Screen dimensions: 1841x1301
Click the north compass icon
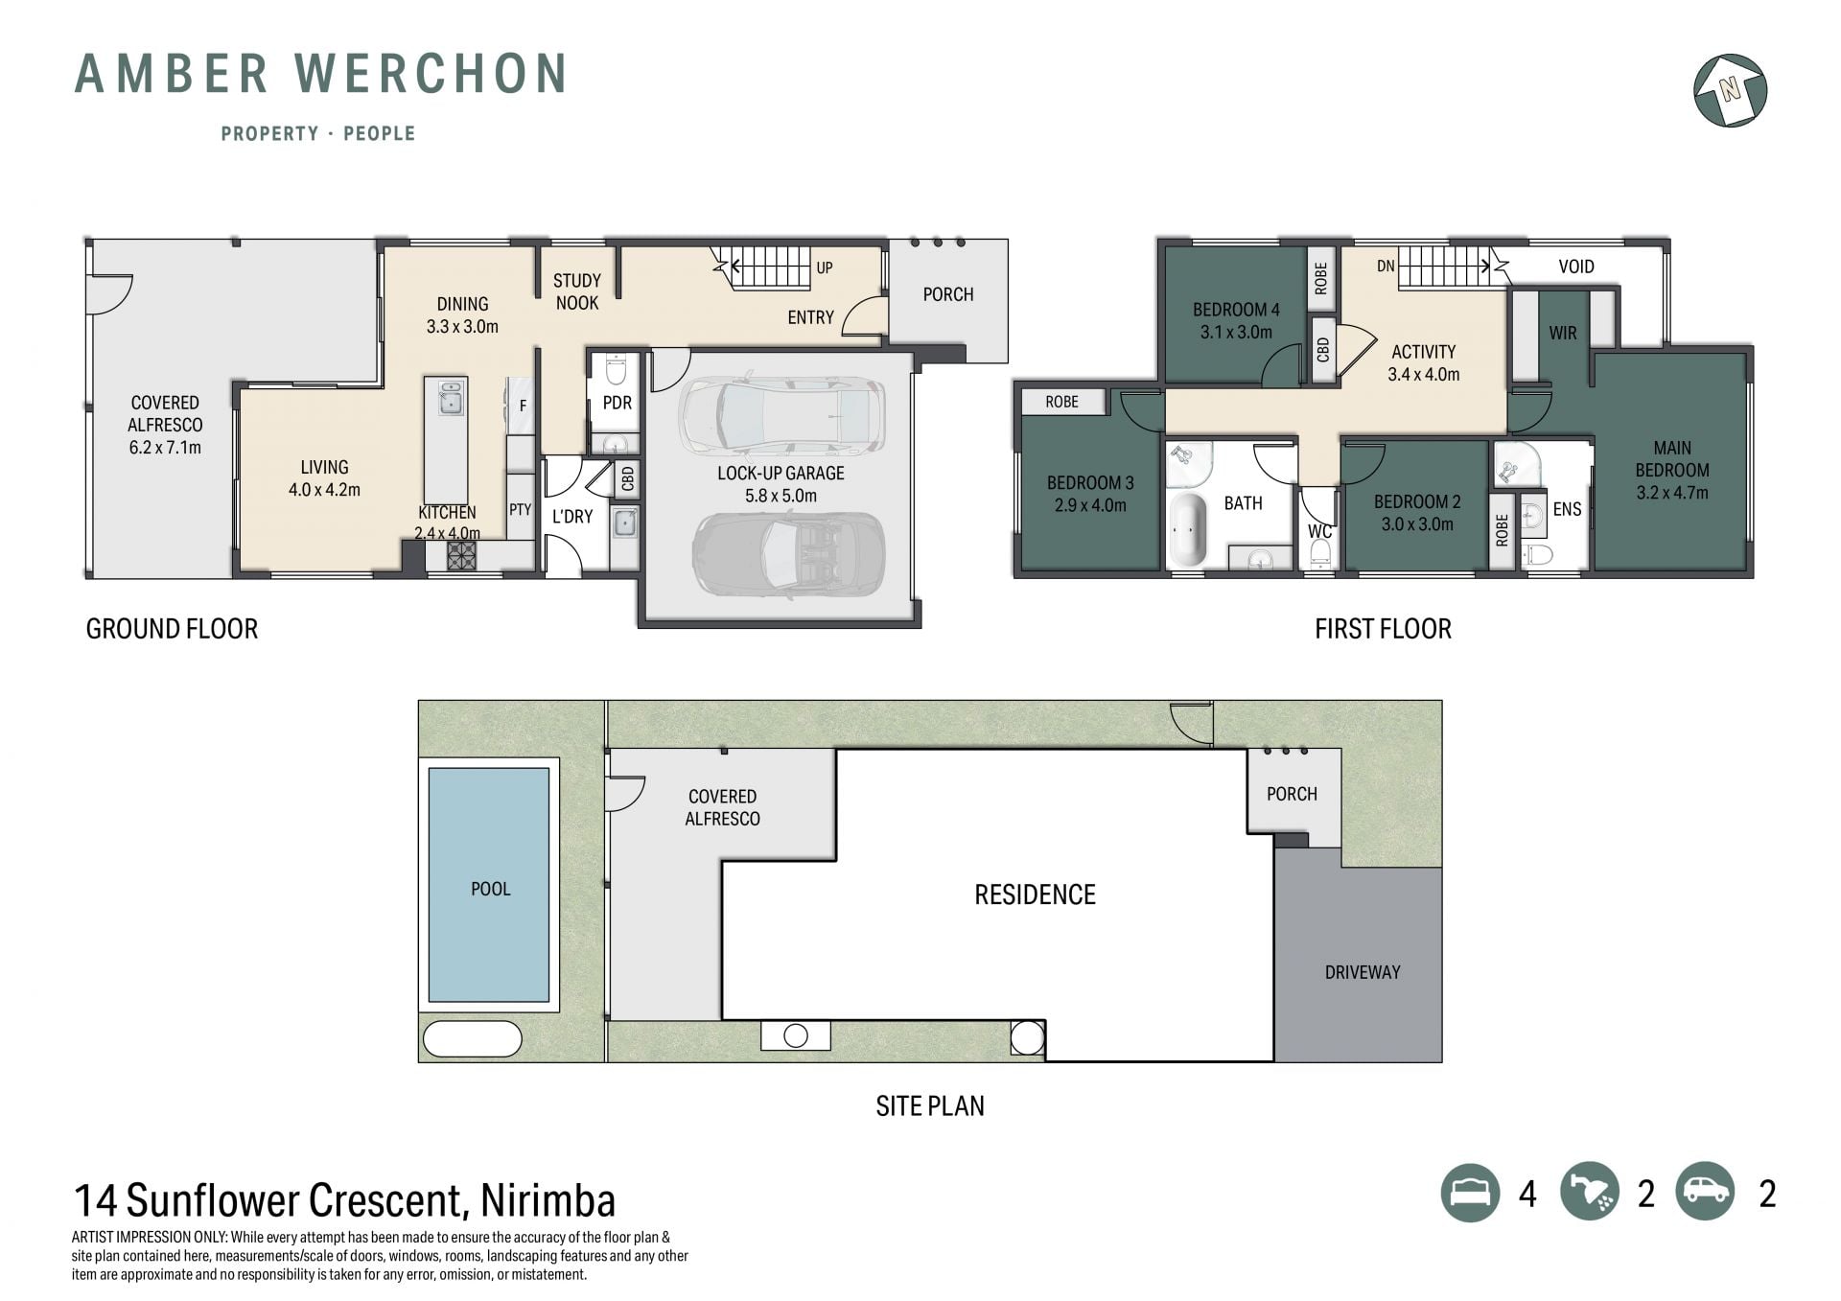click(1730, 90)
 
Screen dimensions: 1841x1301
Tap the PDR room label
click(618, 403)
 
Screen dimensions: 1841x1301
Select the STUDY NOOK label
click(576, 291)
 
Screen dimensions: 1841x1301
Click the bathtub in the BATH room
click(1190, 530)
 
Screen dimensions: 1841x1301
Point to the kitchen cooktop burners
click(461, 556)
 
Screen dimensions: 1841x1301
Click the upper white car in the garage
click(781, 417)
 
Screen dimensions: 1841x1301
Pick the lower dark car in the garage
click(788, 555)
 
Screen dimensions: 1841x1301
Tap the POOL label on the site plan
click(490, 889)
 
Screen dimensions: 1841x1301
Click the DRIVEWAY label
click(1362, 972)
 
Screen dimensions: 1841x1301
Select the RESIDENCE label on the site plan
click(1035, 894)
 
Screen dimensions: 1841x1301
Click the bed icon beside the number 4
click(1470, 1193)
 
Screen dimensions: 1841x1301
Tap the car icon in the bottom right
click(1705, 1193)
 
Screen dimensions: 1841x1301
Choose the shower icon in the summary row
click(1589, 1193)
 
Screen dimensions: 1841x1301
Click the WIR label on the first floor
click(1563, 333)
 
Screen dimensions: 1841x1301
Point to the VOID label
click(1576, 267)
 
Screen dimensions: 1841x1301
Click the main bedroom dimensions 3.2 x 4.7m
click(1672, 493)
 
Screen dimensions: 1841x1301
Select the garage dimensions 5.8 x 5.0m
click(781, 496)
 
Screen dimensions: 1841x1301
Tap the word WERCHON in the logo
click(431, 74)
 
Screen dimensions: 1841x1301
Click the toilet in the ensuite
click(1538, 555)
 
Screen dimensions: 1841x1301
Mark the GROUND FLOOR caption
click(172, 629)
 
